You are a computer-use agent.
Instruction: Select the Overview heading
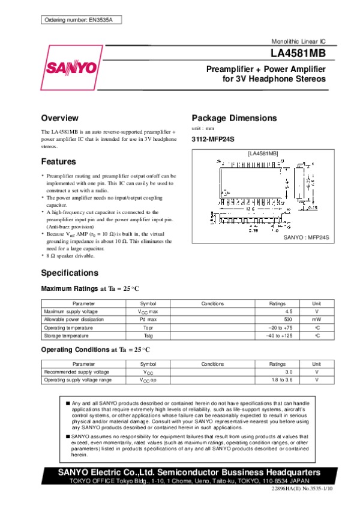pyautogui.click(x=59, y=118)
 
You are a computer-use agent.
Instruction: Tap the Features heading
pyautogui.click(x=58, y=162)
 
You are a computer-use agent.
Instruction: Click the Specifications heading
pyautogui.click(x=69, y=273)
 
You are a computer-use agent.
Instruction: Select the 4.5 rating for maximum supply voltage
pyautogui.click(x=289, y=312)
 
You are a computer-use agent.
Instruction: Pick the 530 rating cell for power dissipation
pyautogui.click(x=288, y=320)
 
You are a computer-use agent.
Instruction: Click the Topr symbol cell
pyautogui.click(x=148, y=328)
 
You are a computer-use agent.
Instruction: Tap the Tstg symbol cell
pyautogui.click(x=148, y=336)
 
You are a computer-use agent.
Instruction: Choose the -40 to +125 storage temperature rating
pyautogui.click(x=279, y=336)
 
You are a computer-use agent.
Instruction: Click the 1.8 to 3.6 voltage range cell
pyautogui.click(x=280, y=380)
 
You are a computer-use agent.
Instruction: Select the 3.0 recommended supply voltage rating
pyautogui.click(x=288, y=372)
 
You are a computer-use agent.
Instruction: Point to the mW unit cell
pyautogui.click(x=316, y=320)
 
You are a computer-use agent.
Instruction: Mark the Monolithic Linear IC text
pyautogui.click(x=299, y=42)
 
